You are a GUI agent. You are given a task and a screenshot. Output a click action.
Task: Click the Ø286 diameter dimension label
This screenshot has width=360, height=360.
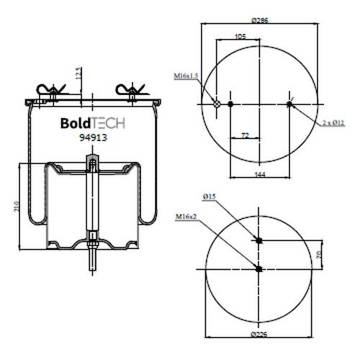pyautogui.click(x=260, y=20)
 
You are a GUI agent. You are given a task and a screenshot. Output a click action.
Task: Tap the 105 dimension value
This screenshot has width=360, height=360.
pyautogui.click(x=240, y=36)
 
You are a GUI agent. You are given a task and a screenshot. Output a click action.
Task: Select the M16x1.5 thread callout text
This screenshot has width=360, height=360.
pyautogui.click(x=186, y=76)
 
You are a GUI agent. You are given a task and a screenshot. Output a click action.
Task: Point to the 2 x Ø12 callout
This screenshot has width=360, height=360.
pyautogui.click(x=333, y=123)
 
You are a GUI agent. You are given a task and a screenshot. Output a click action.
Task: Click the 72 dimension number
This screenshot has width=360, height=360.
pyautogui.click(x=245, y=135)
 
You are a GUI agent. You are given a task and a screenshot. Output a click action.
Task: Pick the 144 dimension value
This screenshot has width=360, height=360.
pyautogui.click(x=260, y=174)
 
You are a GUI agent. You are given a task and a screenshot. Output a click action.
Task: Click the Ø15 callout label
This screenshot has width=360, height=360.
pyautogui.click(x=209, y=197)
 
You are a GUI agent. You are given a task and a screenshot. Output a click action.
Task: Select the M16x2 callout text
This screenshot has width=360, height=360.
pyautogui.click(x=186, y=217)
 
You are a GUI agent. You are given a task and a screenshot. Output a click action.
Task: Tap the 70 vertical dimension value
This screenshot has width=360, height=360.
pyautogui.click(x=319, y=255)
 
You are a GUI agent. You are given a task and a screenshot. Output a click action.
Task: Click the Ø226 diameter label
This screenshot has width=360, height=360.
pyautogui.click(x=258, y=334)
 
